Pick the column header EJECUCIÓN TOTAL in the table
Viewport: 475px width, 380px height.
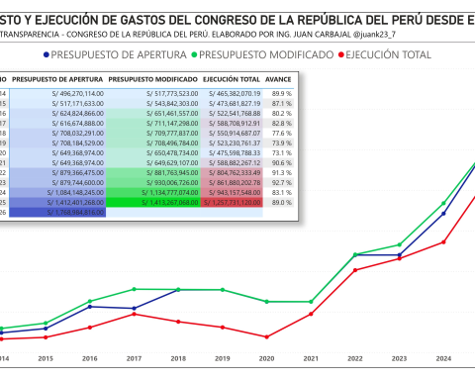(x=232, y=77)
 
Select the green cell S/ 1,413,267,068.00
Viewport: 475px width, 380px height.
(x=153, y=201)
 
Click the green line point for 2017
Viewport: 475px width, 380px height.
(x=134, y=289)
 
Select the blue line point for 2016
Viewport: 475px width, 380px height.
(x=90, y=306)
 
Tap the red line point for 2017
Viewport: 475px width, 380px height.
(x=134, y=314)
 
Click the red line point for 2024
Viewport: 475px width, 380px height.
(x=444, y=242)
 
